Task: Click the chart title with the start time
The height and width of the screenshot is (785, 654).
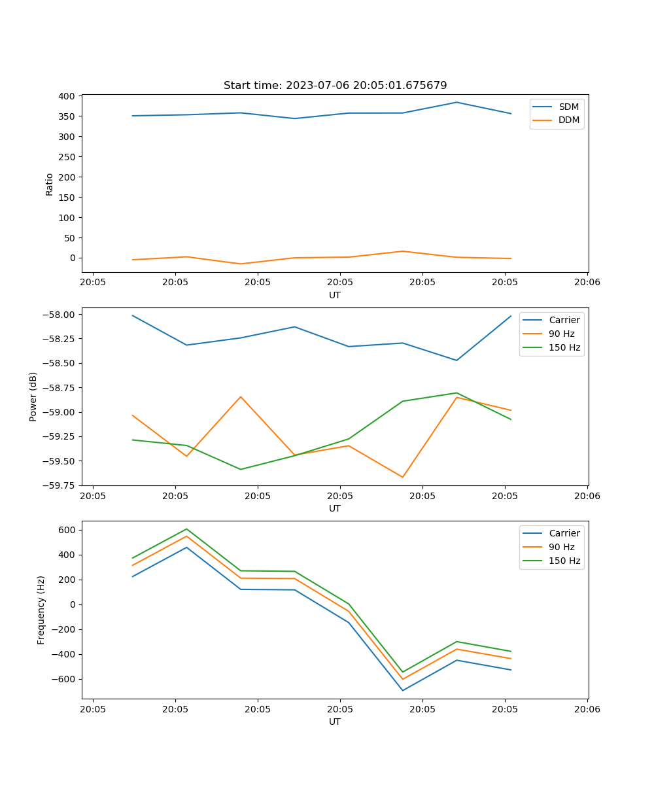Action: click(x=335, y=85)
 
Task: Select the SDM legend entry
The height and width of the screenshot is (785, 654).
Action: click(x=568, y=107)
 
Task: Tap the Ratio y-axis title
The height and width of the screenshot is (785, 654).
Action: click(x=50, y=184)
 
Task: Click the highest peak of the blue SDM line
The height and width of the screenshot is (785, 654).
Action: click(x=456, y=102)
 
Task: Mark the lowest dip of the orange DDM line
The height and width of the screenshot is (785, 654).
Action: click(x=241, y=264)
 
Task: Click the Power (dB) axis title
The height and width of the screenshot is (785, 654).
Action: click(x=33, y=396)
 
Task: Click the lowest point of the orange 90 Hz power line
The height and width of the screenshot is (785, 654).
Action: click(x=402, y=477)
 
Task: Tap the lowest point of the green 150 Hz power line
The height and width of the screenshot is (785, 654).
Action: click(x=241, y=469)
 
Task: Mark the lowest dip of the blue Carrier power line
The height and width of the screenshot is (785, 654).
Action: click(x=456, y=360)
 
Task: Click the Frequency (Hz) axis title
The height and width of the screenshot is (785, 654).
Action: click(x=41, y=610)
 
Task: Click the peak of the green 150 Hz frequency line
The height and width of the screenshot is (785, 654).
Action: click(x=186, y=529)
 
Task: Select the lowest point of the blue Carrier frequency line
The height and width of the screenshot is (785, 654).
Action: click(x=402, y=690)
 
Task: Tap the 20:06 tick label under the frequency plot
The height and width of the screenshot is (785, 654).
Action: click(x=587, y=708)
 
